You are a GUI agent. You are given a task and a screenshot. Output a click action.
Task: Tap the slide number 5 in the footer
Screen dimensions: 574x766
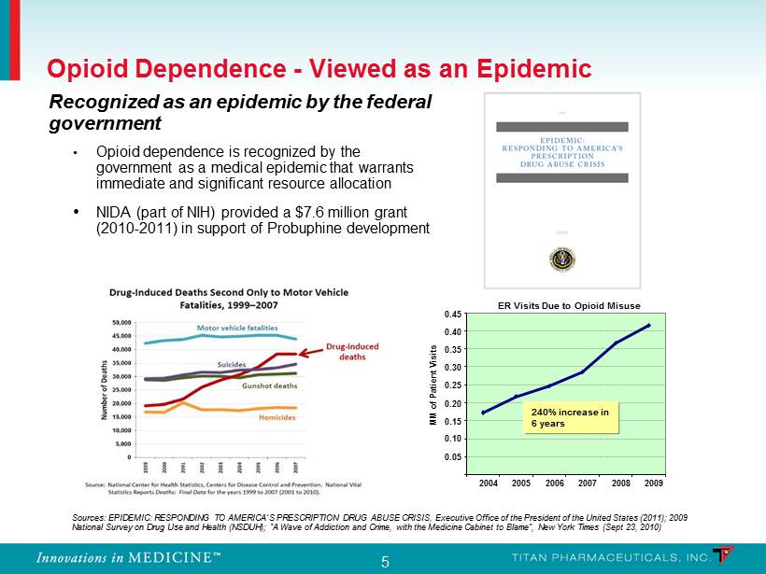coord(385,562)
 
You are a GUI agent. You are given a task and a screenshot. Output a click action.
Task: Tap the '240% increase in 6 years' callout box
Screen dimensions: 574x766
coord(571,416)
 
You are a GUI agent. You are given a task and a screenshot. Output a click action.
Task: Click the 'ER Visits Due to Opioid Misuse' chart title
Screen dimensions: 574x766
coord(568,305)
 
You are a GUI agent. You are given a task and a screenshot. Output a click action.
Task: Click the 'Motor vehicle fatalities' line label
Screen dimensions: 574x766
coord(237,328)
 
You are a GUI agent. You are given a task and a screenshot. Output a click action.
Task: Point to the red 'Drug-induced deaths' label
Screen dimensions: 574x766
coord(359,351)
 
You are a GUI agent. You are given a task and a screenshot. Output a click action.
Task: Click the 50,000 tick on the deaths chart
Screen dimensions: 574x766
coord(123,322)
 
